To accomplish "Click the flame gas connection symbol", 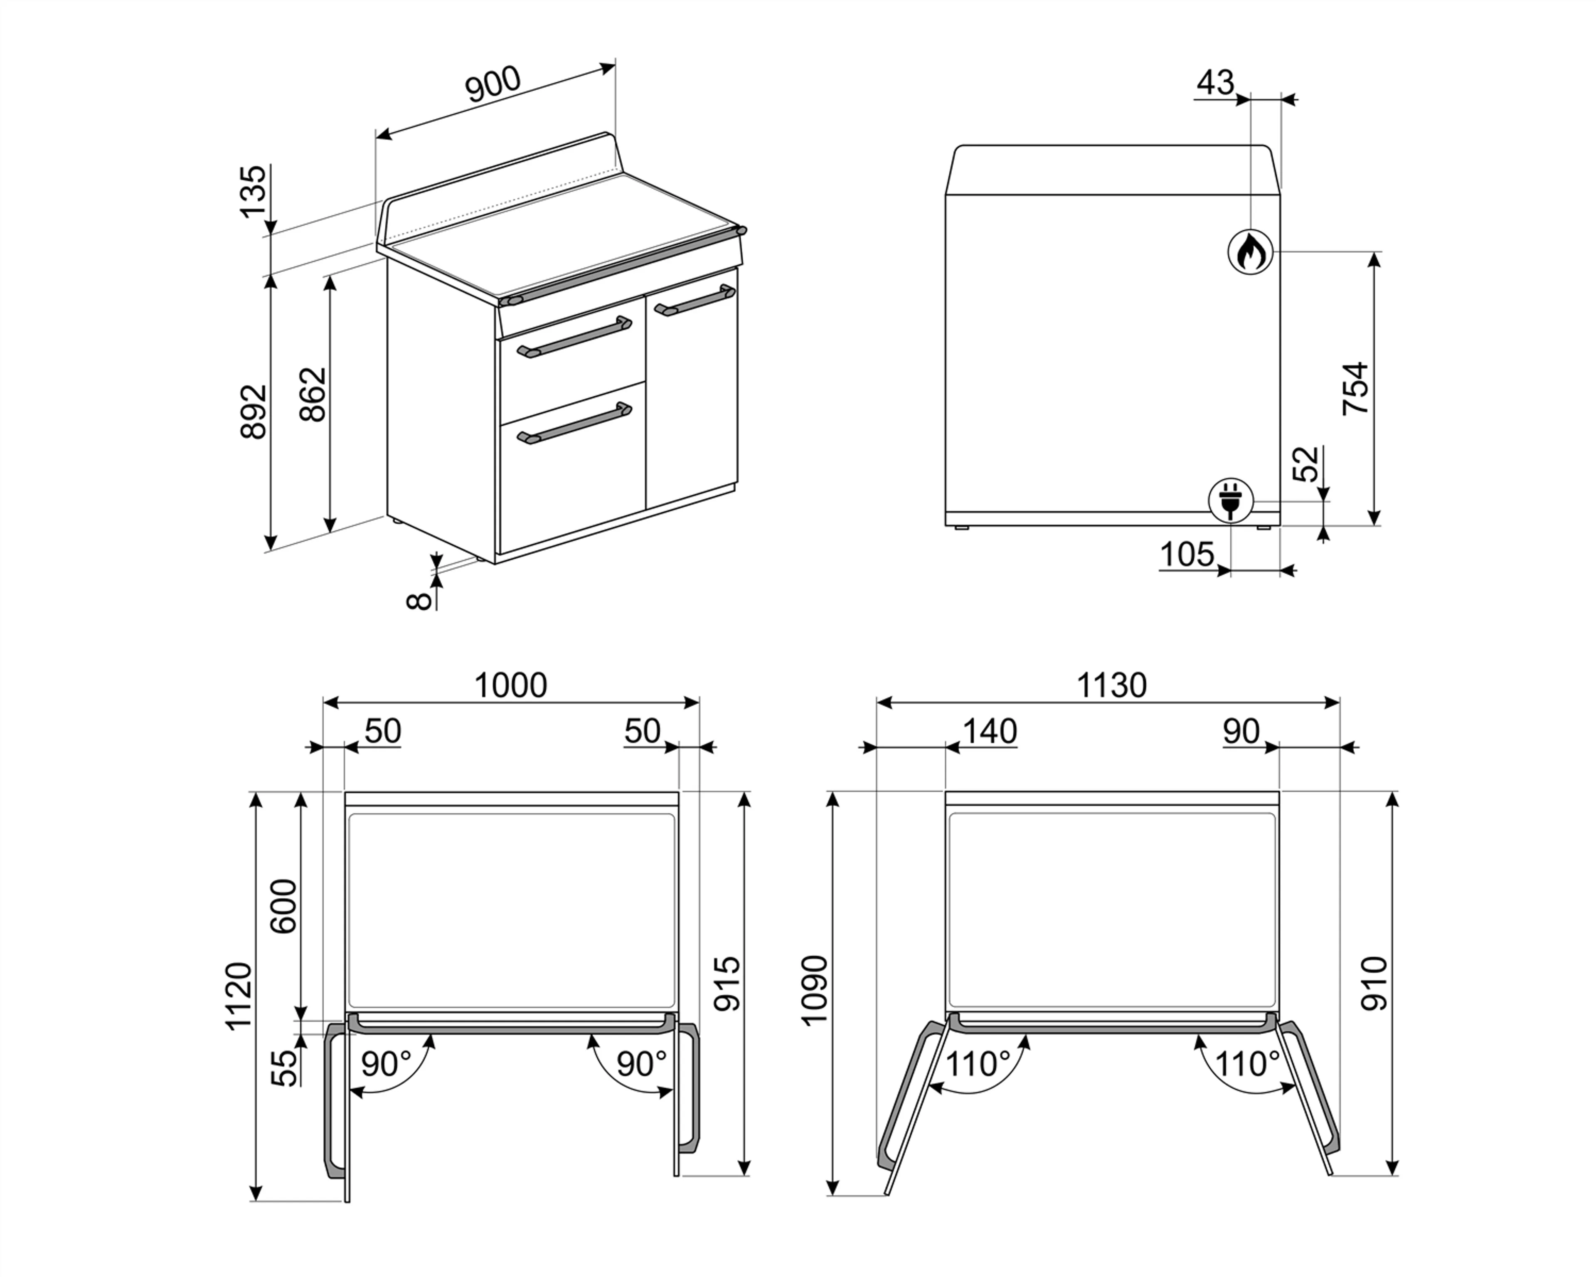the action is (x=1250, y=251).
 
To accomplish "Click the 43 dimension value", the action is (x=1216, y=83).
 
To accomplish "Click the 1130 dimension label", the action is (x=1111, y=685).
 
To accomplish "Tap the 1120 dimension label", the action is (x=239, y=996).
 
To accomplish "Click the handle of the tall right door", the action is (x=695, y=301).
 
